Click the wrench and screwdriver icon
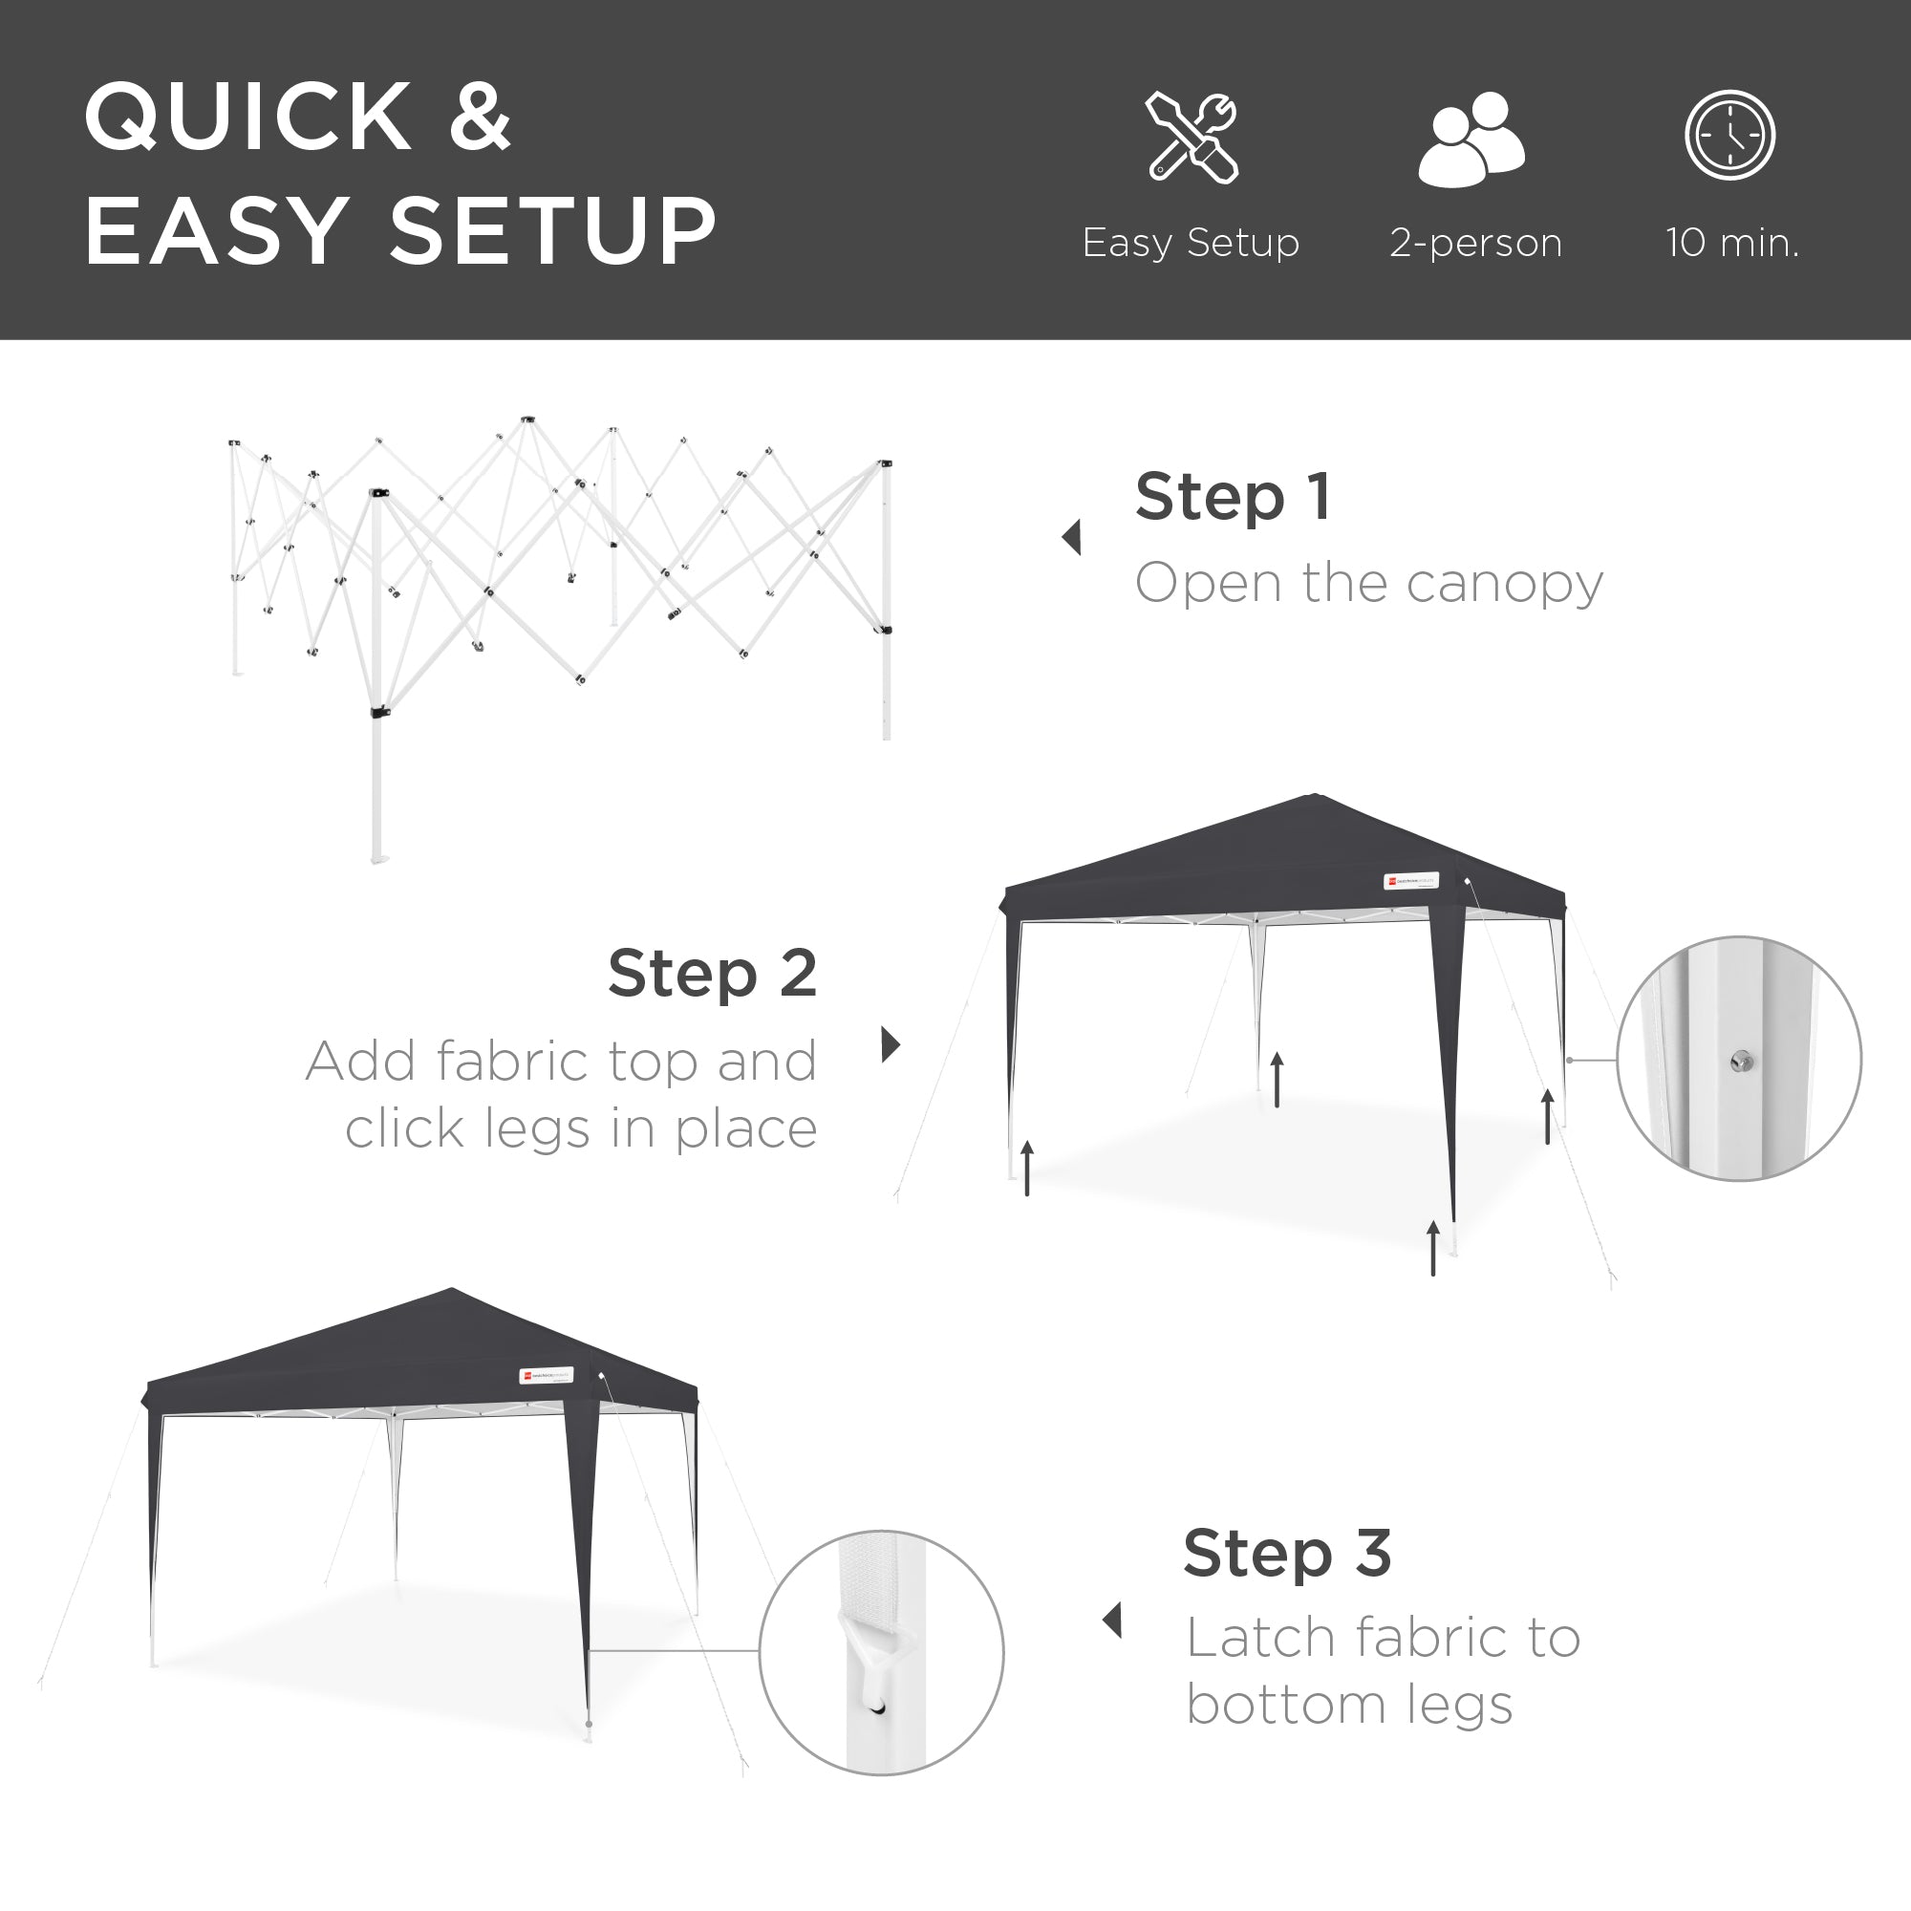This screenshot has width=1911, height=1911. pyautogui.click(x=1192, y=138)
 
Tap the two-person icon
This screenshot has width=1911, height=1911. pyautogui.click(x=1471, y=139)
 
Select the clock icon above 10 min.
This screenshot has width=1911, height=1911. pyautogui.click(x=1730, y=136)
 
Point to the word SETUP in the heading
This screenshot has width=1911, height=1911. pyautogui.click(x=553, y=231)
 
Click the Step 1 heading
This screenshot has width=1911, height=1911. pyautogui.click(x=1233, y=497)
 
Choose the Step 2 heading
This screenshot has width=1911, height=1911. pyautogui.click(x=712, y=974)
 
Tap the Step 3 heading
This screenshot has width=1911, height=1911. pyautogui.click(x=1287, y=1553)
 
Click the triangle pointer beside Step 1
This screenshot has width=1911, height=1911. pyautogui.click(x=1071, y=537)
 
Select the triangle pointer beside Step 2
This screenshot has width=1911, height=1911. pyautogui.click(x=891, y=1043)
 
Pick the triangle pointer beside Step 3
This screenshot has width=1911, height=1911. pyautogui.click(x=1113, y=1621)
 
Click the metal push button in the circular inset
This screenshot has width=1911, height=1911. pyautogui.click(x=1742, y=1063)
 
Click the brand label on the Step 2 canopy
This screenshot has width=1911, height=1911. pyautogui.click(x=1410, y=880)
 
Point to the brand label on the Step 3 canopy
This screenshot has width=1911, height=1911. pyautogui.click(x=546, y=1375)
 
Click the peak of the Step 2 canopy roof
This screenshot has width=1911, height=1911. pyautogui.click(x=1314, y=796)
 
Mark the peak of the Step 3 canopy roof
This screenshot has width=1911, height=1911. pyautogui.click(x=451, y=1290)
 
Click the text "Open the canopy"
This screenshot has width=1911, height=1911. pyautogui.click(x=1368, y=584)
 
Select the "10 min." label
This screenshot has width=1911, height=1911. pyautogui.click(x=1732, y=243)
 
